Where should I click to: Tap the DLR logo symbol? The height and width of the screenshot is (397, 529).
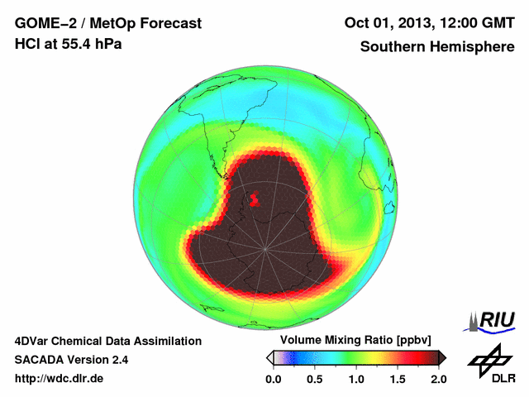coord(489,358)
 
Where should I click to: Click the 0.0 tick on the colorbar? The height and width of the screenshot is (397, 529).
coord(274,379)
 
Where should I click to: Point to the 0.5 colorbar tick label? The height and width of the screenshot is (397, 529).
coord(315,379)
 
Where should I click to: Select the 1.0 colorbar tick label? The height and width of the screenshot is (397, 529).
coord(356,379)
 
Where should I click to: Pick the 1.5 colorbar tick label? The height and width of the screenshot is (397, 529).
coord(398,379)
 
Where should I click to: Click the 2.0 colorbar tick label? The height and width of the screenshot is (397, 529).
coord(438,379)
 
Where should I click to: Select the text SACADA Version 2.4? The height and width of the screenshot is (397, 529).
coord(71,360)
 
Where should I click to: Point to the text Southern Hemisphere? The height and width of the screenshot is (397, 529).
coord(436,47)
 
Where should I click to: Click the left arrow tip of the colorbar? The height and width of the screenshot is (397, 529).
coord(269,357)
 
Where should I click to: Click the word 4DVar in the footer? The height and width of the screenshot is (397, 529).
coord(33,341)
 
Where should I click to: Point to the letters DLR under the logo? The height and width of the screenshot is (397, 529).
coord(503,379)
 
